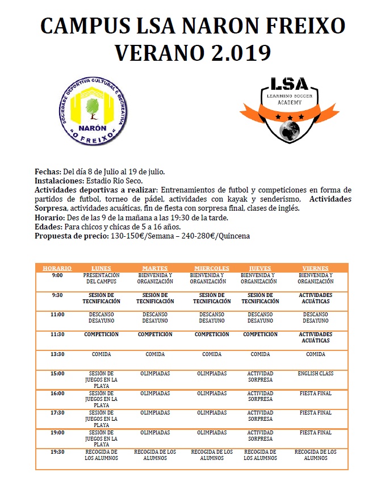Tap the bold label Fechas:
click(48, 171)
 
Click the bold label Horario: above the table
click(50, 218)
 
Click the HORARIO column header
click(57, 268)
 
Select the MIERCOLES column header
click(211, 268)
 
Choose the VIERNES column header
click(315, 268)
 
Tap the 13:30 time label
click(57, 354)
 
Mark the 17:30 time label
click(57, 413)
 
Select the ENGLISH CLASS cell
click(315, 374)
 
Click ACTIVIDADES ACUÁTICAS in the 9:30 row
click(315, 298)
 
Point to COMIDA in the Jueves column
click(260, 354)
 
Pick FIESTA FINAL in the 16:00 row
click(315, 394)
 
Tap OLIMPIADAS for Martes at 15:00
click(155, 374)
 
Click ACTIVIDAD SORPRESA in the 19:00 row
click(260, 436)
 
